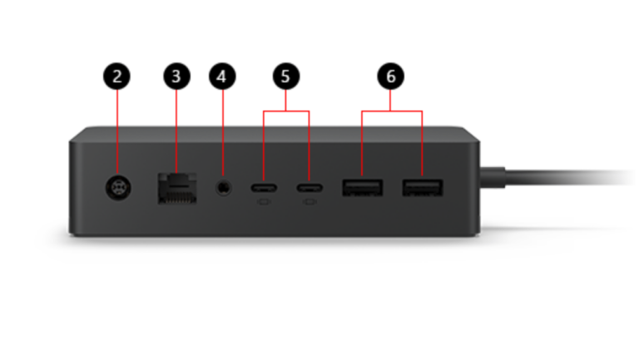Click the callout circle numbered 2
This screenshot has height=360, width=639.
click(x=117, y=76)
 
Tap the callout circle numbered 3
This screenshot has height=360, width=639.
click(x=176, y=76)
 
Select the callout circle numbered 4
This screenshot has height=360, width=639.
click(x=222, y=76)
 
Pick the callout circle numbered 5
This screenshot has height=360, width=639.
click(x=285, y=76)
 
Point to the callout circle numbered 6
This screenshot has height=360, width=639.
click(x=390, y=76)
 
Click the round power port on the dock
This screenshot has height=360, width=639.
click(x=118, y=188)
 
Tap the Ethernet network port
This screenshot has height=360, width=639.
click(x=177, y=188)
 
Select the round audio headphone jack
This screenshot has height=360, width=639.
click(x=223, y=188)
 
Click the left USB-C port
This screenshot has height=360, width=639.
click(x=264, y=188)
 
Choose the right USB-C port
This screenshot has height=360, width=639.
click(x=310, y=188)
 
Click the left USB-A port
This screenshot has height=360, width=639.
click(x=362, y=188)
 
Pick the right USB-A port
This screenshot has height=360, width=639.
click(x=422, y=188)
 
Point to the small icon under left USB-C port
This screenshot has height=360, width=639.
click(x=264, y=201)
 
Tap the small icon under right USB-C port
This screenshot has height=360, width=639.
click(x=310, y=201)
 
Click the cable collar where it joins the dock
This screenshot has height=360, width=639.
click(x=493, y=178)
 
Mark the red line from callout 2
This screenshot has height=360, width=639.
click(x=117, y=132)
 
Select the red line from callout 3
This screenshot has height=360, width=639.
click(x=176, y=131)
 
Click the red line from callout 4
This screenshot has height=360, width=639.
click(x=222, y=134)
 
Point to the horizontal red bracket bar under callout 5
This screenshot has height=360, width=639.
click(x=286, y=111)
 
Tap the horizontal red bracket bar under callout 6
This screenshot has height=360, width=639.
click(x=392, y=111)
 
